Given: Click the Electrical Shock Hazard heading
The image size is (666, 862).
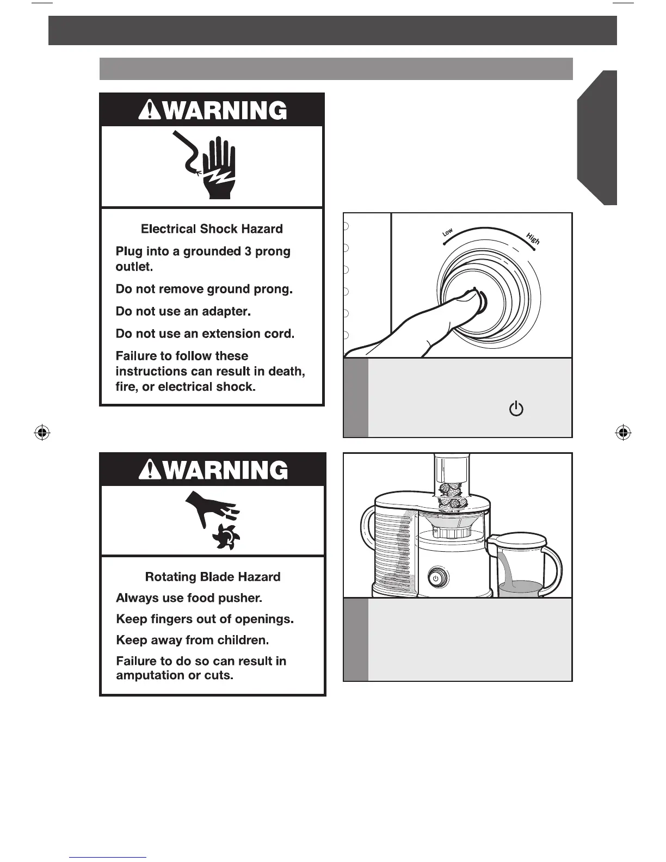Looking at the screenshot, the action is click(x=212, y=229).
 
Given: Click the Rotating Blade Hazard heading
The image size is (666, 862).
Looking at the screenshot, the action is click(x=213, y=577).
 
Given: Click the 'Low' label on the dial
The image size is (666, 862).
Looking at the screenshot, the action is click(x=448, y=232).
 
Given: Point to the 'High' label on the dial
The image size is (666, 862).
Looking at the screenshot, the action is click(x=533, y=238).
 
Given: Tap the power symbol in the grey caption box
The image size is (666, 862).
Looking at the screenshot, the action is click(x=516, y=409).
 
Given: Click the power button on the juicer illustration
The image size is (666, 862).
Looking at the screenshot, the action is click(x=436, y=578).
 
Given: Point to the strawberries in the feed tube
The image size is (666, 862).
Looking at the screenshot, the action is click(x=451, y=494).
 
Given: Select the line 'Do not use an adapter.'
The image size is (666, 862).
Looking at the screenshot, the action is click(x=183, y=312).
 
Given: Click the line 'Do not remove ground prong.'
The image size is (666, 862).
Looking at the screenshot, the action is click(x=204, y=290).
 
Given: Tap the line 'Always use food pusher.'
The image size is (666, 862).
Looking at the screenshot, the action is click(x=189, y=598).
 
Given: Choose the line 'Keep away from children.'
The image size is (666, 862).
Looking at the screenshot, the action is click(x=192, y=641).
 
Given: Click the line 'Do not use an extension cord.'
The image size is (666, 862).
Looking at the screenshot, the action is click(x=205, y=334).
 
